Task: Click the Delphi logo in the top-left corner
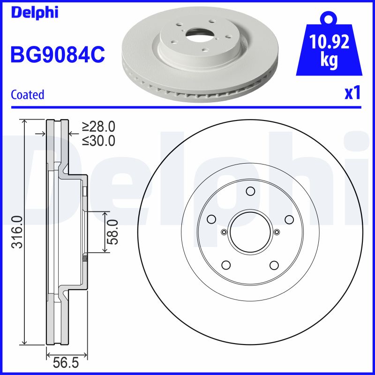point(35,13)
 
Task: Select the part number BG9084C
point(57,54)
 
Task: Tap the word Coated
point(27,95)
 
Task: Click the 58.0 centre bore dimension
point(112,232)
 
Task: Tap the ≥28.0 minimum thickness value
point(98,127)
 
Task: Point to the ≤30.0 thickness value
point(98,141)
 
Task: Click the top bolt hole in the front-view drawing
point(250,191)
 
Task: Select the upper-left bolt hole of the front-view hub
point(211,219)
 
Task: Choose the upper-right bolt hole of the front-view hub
point(289,219)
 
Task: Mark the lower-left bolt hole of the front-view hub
point(226,265)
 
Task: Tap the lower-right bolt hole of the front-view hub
point(274,265)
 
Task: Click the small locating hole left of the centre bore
point(224,232)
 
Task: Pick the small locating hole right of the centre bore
point(277,232)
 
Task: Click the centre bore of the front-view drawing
point(250,232)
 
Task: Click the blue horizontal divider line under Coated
point(187,107)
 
